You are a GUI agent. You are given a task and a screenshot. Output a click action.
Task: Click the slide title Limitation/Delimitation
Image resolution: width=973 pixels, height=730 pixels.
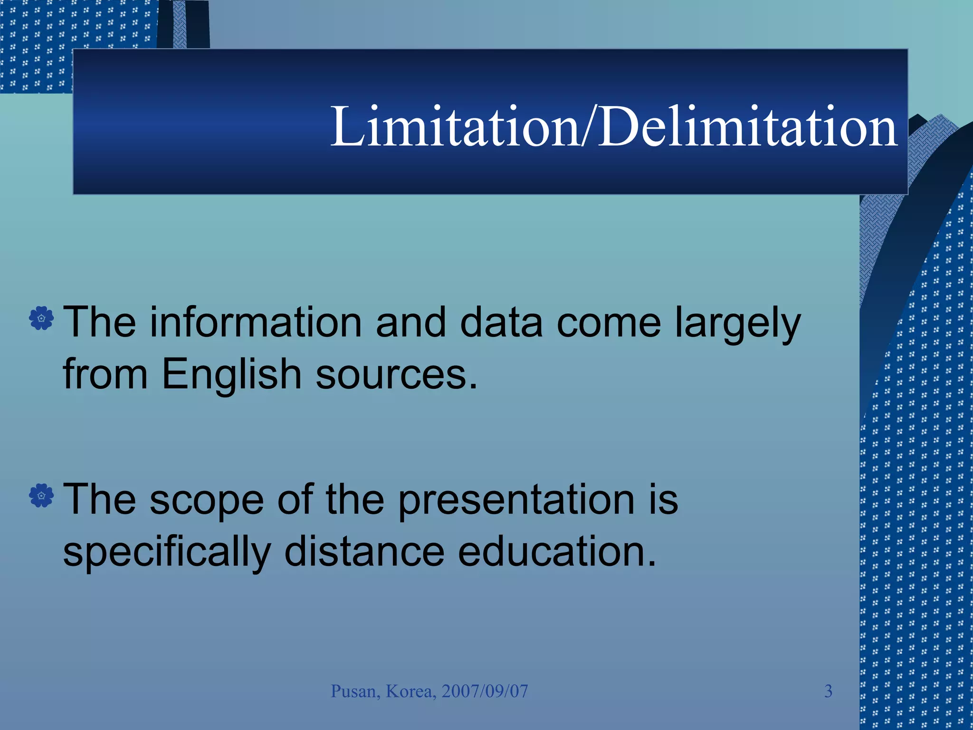pyautogui.click(x=613, y=126)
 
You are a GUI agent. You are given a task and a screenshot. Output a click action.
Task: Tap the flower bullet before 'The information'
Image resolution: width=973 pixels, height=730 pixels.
pyautogui.click(x=41, y=318)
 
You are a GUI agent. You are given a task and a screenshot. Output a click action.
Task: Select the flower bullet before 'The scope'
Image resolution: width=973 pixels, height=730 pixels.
pyautogui.click(x=41, y=496)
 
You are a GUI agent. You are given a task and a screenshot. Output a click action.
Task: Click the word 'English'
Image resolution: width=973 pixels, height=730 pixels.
pyautogui.click(x=231, y=374)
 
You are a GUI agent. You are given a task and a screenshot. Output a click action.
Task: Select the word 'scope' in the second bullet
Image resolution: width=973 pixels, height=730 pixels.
pyautogui.click(x=207, y=500)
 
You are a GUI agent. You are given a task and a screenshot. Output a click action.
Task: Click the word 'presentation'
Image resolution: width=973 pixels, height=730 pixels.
pyautogui.click(x=516, y=500)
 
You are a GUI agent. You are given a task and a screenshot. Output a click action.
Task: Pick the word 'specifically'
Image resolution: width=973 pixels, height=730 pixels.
pyautogui.click(x=167, y=552)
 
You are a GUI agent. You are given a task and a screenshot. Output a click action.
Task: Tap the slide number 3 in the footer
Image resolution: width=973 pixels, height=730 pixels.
pyautogui.click(x=828, y=691)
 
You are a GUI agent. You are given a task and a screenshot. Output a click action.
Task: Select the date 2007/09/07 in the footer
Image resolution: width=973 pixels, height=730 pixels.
pyautogui.click(x=485, y=691)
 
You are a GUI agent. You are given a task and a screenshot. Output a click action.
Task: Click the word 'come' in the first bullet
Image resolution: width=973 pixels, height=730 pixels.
pyautogui.click(x=609, y=323)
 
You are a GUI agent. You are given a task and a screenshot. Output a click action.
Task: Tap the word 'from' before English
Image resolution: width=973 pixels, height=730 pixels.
pyautogui.click(x=105, y=374)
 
